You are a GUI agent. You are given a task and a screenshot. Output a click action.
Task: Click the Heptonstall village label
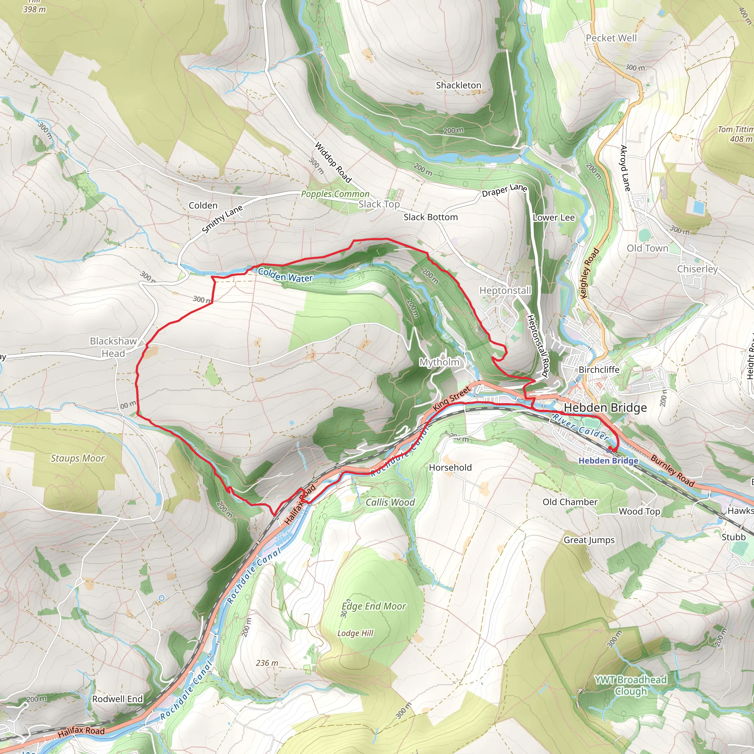pyautogui.click(x=505, y=290)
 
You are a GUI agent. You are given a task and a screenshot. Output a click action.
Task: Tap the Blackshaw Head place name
pyautogui.click(x=113, y=347)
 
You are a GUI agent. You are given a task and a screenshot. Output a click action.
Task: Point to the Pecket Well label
pyautogui.click(x=611, y=38)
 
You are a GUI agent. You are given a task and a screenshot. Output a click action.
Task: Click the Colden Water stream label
pyautogui.click(x=285, y=275)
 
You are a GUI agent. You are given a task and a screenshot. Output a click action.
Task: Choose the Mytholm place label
pyautogui.click(x=439, y=362)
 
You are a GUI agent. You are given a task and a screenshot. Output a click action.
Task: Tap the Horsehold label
pyautogui.click(x=450, y=468)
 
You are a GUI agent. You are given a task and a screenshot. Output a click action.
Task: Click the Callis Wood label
pyautogui.click(x=390, y=502)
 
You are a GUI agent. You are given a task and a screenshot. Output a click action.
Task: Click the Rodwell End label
pyautogui.click(x=117, y=699)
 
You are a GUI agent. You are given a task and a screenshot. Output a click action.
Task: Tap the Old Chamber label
pyautogui.click(x=570, y=502)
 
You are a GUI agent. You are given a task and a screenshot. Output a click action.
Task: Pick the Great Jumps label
pyautogui.click(x=589, y=540)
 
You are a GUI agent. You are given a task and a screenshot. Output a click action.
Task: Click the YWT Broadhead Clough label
pyautogui.click(x=630, y=685)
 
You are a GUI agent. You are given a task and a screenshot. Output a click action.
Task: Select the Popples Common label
pyautogui.click(x=335, y=194)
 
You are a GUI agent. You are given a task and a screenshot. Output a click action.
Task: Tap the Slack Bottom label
pyautogui.click(x=430, y=217)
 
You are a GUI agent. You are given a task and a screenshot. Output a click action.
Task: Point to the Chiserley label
pyautogui.click(x=697, y=269)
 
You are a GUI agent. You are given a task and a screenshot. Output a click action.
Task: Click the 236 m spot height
pyautogui.click(x=267, y=663)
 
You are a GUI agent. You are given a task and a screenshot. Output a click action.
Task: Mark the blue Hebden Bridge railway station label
pyautogui.click(x=608, y=461)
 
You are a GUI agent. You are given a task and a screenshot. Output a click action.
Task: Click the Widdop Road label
pyautogui.click(x=332, y=162)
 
